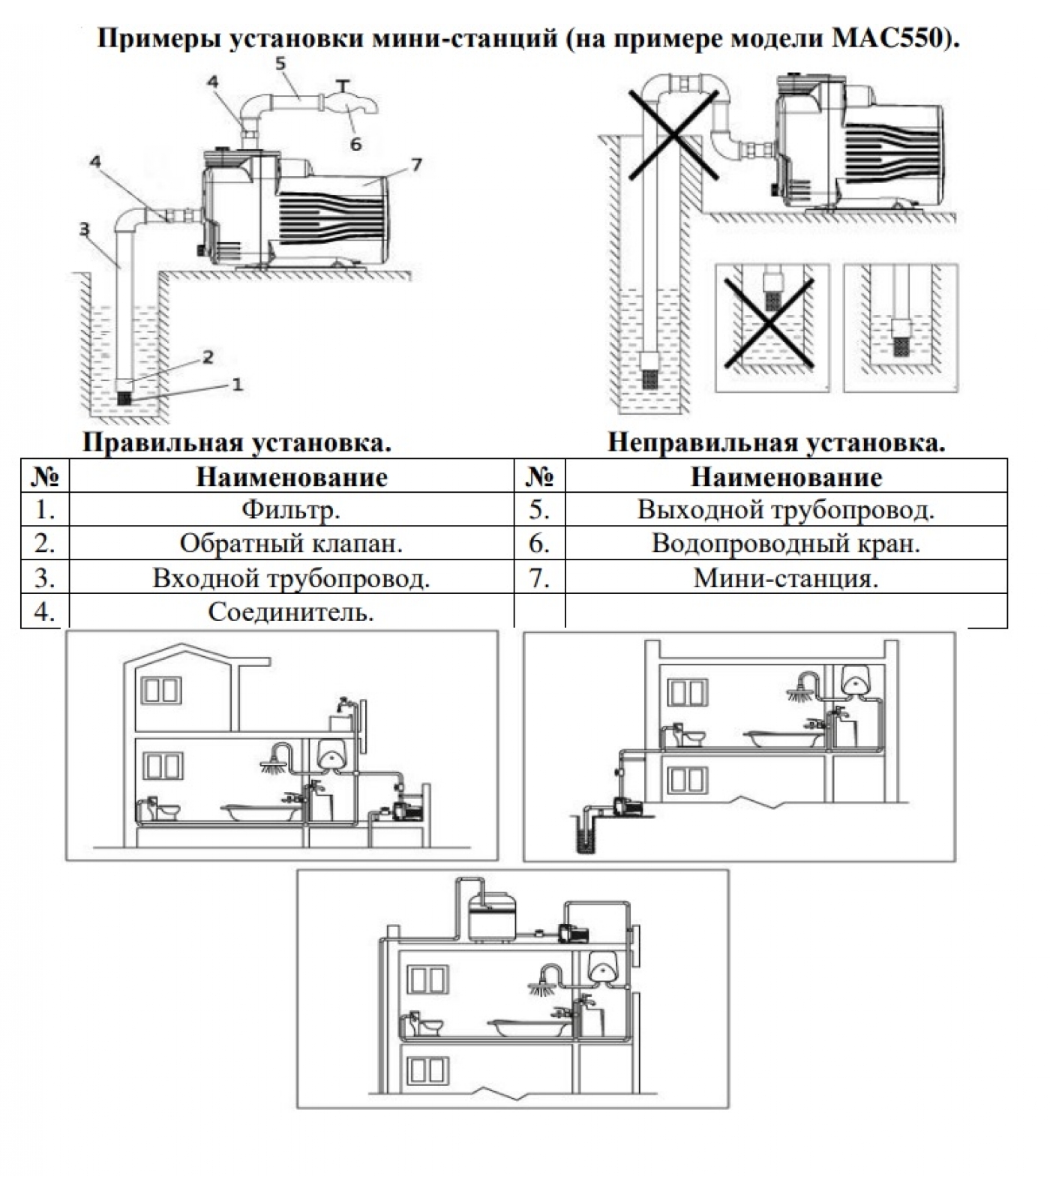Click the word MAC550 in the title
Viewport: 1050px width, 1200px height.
(x=892, y=38)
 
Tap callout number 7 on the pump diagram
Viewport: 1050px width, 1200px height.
(x=417, y=164)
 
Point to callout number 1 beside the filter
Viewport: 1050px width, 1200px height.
(x=237, y=385)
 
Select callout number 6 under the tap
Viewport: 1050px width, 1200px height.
(x=355, y=143)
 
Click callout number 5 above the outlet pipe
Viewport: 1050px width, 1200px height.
(x=280, y=64)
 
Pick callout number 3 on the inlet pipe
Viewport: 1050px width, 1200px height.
(x=85, y=229)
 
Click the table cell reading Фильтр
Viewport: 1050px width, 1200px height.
(x=291, y=510)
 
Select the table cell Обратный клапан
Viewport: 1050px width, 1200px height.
(x=291, y=544)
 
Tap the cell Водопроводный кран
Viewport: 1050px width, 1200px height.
(x=785, y=544)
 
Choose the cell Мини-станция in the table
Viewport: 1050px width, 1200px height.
(x=785, y=578)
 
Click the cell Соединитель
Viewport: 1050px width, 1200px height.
(x=291, y=613)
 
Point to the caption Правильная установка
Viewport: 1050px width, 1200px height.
(x=237, y=442)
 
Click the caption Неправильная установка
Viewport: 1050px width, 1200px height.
(x=776, y=442)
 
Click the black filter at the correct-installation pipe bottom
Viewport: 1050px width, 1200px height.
(x=124, y=398)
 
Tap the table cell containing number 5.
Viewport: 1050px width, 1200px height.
(x=539, y=510)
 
